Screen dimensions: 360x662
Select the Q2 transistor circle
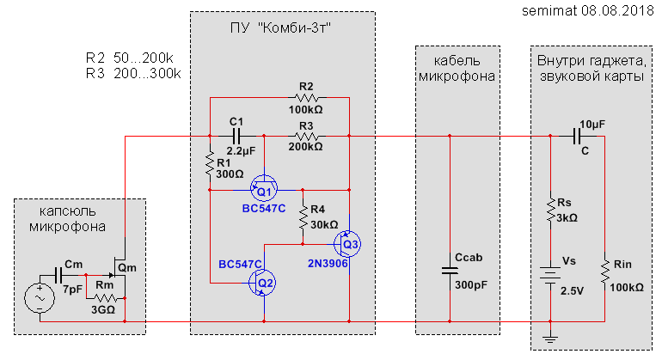264,281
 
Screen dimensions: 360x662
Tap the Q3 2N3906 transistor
348,243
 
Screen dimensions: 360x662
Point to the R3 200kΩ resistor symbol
307,137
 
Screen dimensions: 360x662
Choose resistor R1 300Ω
211,162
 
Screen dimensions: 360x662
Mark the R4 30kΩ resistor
303,216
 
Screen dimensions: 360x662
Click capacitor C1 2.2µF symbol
236,137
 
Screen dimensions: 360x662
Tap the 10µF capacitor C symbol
579,137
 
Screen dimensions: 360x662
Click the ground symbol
551,337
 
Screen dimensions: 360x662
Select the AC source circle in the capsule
40,297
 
